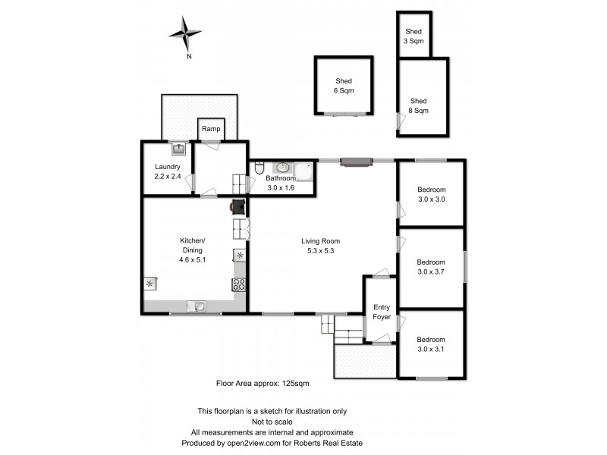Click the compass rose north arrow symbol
point(185,34)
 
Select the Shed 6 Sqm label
point(344,86)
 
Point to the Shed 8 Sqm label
point(419,105)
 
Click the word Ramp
point(210,130)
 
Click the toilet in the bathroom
point(259,171)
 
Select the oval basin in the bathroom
point(282,168)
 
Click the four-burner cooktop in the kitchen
point(239,285)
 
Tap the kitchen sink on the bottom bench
point(197,306)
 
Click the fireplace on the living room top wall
point(356,161)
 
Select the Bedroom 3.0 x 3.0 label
point(431,194)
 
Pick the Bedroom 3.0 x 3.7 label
point(431,267)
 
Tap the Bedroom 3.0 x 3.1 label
point(431,344)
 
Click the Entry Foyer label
point(382,312)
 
